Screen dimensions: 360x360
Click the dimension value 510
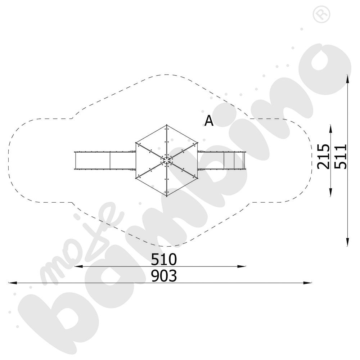coord(164,259)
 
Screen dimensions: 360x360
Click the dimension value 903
coord(164,276)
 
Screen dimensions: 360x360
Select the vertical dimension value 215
coord(323,156)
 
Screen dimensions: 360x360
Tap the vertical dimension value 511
coord(340,156)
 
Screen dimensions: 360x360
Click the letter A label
coord(209,121)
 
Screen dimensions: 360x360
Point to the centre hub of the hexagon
coord(167,160)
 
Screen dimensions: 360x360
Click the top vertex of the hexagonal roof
coord(167,125)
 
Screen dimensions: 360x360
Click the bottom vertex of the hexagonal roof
coord(167,196)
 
